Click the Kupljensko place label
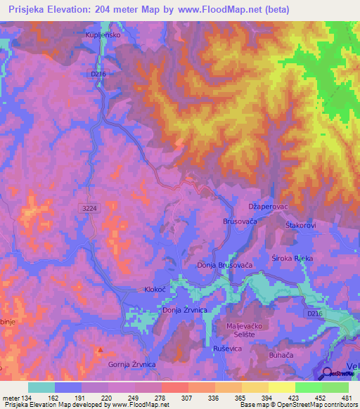point(103,34)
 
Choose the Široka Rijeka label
point(292,258)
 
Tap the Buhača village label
point(281,356)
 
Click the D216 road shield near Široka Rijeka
point(315,314)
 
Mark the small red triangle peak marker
point(101,349)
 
